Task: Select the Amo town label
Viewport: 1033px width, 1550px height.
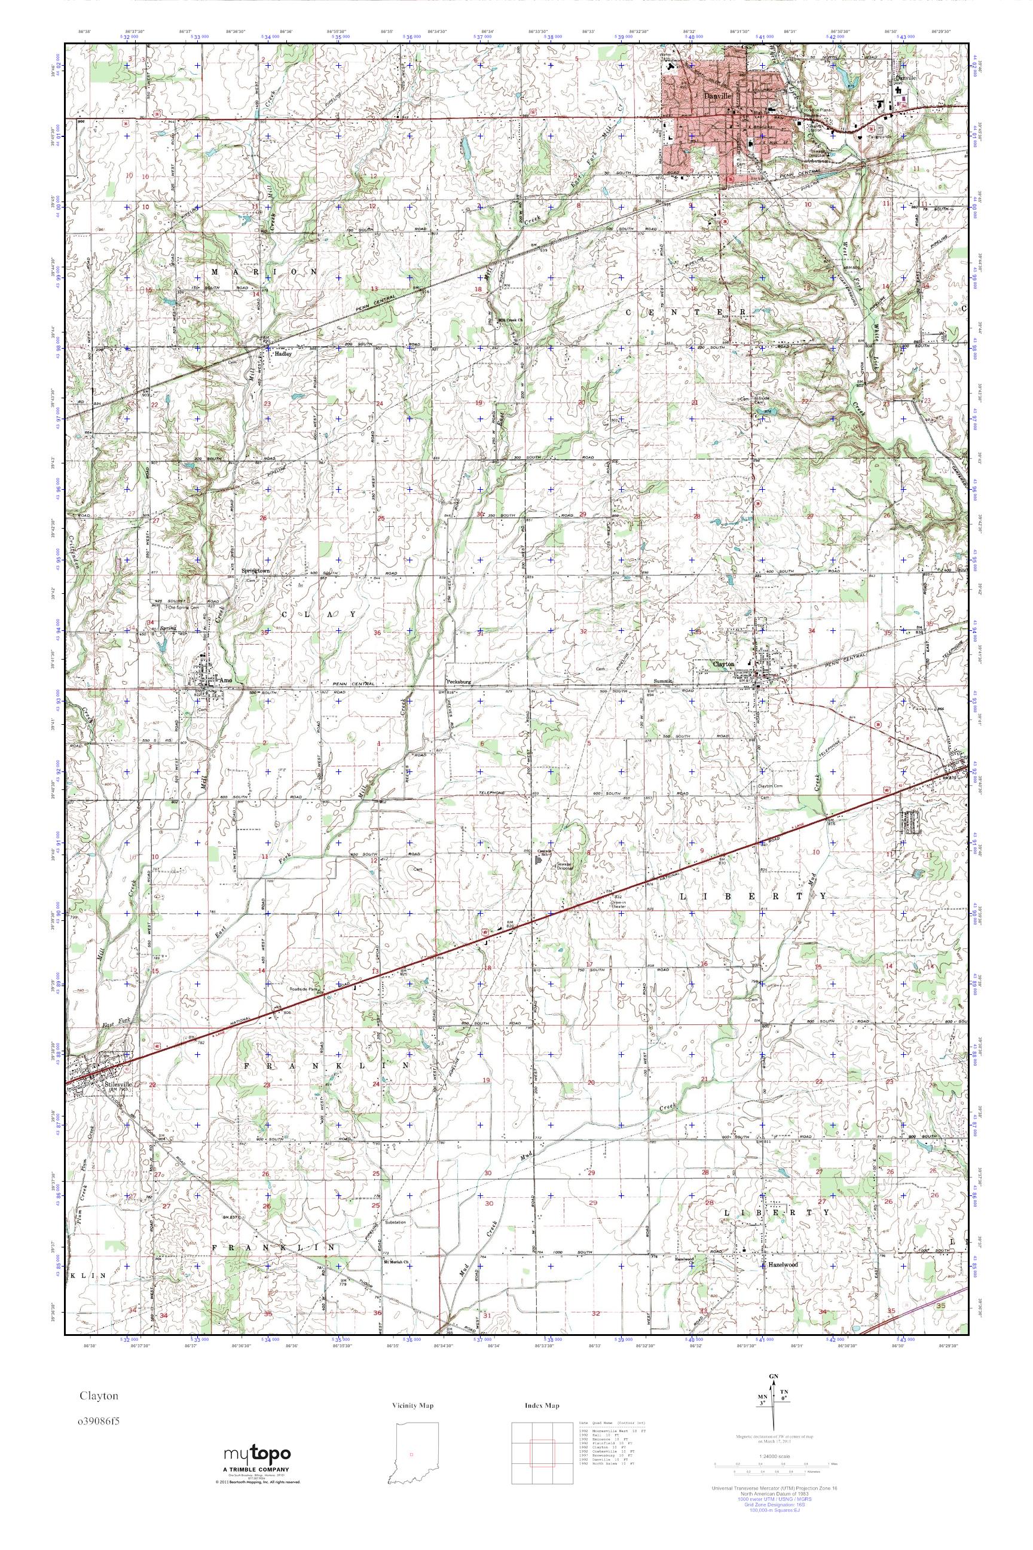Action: (226, 679)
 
